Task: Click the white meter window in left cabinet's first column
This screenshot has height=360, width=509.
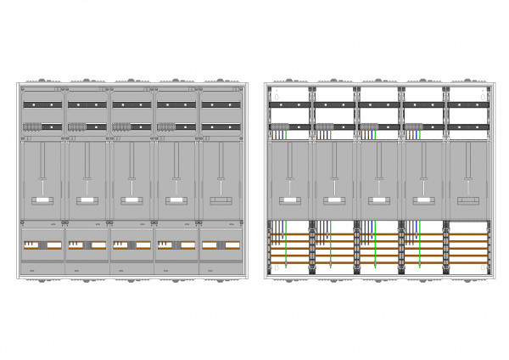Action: pyautogui.click(x=42, y=200)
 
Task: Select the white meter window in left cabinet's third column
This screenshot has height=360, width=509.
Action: pyautogui.click(x=131, y=200)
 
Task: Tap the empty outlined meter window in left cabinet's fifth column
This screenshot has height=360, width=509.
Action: pyautogui.click(x=219, y=200)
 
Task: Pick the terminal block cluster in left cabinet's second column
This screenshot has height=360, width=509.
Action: pyautogui.click(x=76, y=127)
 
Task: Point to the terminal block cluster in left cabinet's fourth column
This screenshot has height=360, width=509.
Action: pyautogui.click(x=165, y=127)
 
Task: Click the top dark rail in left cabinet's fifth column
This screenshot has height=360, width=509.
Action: pyautogui.click(x=219, y=104)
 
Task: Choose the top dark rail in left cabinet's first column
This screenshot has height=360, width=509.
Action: pyautogui.click(x=42, y=104)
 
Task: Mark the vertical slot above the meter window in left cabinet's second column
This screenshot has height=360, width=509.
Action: pyautogui.click(x=87, y=166)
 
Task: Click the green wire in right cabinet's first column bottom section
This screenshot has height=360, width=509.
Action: pyautogui.click(x=287, y=246)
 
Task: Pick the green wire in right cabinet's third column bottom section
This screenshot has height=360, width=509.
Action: pyautogui.click(x=374, y=246)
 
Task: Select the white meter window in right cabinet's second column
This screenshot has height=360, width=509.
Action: pyautogui.click(x=333, y=200)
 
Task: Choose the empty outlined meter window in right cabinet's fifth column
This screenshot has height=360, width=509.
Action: pyautogui.click(x=467, y=200)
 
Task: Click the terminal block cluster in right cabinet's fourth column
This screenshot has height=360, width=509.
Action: pyautogui.click(x=413, y=127)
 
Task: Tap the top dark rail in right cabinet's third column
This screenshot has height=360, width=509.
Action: pyautogui.click(x=378, y=104)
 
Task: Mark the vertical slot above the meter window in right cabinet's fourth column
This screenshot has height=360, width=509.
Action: pyautogui.click(x=422, y=166)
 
